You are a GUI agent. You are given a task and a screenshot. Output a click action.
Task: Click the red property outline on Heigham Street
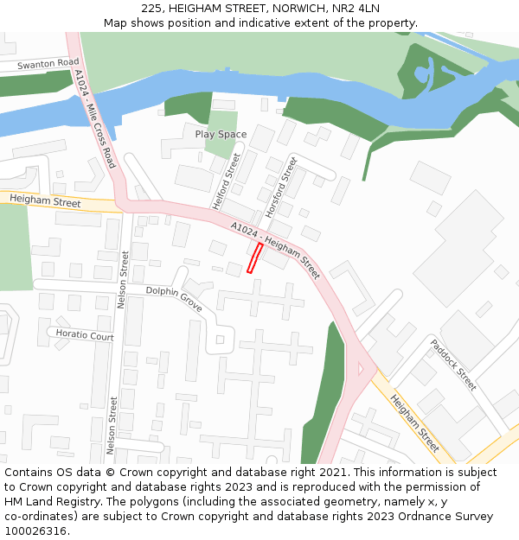(x=255, y=257)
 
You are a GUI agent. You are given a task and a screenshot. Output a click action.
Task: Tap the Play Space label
(x=221, y=134)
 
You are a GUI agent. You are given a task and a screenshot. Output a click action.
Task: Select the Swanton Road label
(x=48, y=64)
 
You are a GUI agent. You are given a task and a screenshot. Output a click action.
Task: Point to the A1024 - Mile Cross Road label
(x=94, y=119)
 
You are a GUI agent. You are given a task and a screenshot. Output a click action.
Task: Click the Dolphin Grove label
(x=174, y=300)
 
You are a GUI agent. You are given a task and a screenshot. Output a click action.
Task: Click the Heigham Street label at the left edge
(x=45, y=201)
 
